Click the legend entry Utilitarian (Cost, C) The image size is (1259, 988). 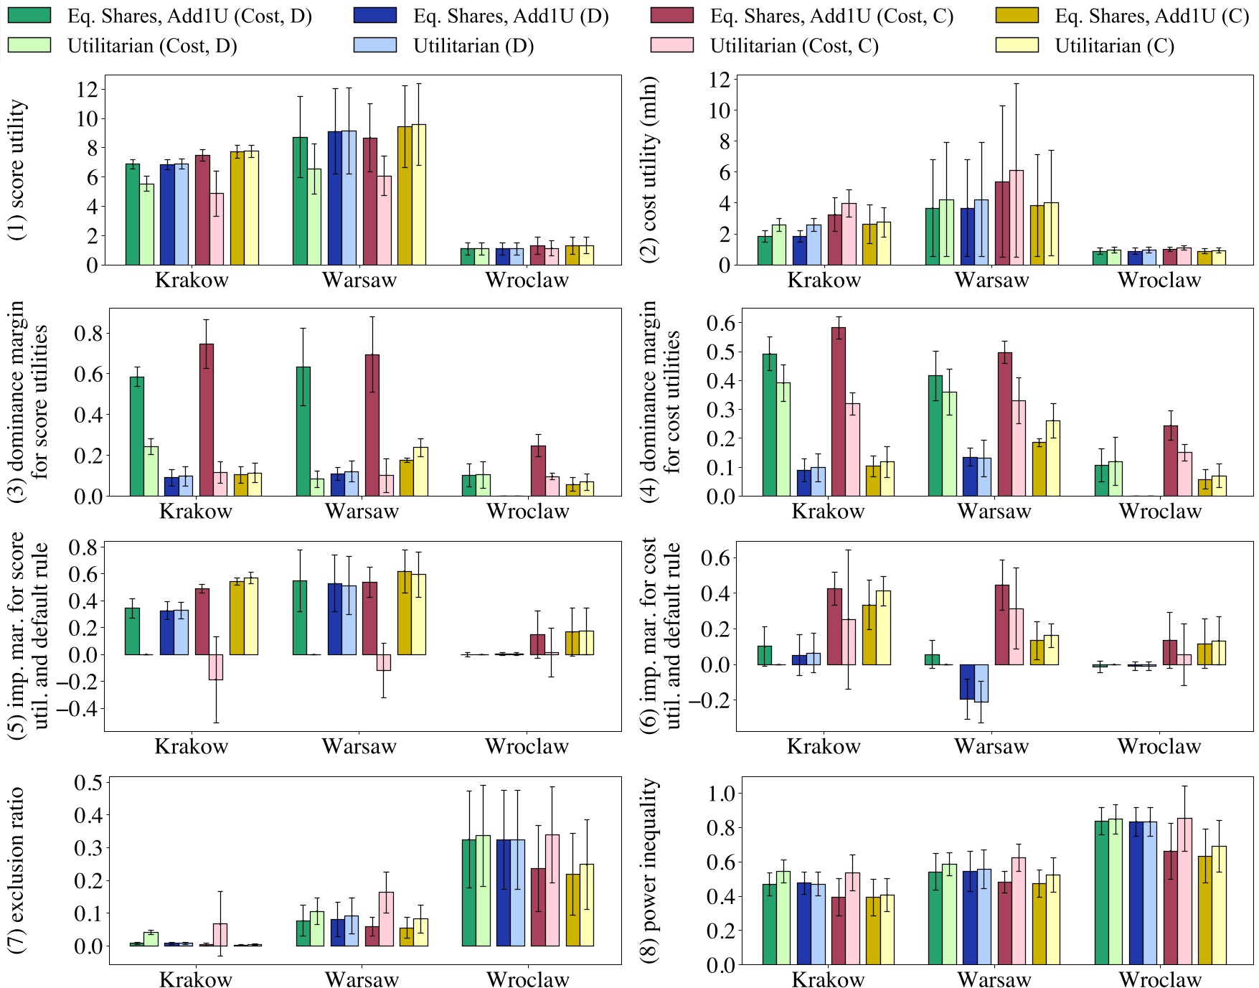click(794, 46)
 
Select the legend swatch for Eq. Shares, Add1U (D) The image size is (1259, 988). click(374, 16)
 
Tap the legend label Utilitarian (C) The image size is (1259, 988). click(1114, 46)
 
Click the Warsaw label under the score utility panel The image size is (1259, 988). click(359, 280)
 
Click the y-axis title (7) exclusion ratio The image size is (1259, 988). click(17, 870)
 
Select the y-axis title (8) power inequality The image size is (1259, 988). click(650, 870)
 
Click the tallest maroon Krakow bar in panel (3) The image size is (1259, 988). click(207, 420)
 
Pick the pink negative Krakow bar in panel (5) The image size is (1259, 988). click(216, 667)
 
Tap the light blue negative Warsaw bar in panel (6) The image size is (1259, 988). click(981, 682)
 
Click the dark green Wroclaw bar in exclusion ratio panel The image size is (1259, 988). click(469, 893)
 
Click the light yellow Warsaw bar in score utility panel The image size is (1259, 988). click(419, 194)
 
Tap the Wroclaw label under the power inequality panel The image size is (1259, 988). click(1160, 979)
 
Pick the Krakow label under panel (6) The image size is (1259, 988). click(824, 746)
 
